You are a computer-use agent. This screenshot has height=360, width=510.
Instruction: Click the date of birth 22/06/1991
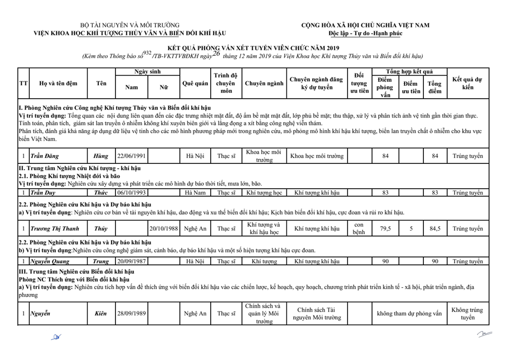tap(131, 156)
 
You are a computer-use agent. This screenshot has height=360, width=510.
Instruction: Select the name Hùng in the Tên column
tap(101, 156)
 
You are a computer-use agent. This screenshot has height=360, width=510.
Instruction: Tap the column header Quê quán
tap(195, 84)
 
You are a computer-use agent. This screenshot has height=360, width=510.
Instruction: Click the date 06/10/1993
tap(131, 193)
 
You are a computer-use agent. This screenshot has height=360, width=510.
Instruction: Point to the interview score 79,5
tap(385, 229)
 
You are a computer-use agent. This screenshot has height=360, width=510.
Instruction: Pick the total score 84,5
tap(435, 229)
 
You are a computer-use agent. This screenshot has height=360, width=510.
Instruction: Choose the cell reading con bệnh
tap(359, 229)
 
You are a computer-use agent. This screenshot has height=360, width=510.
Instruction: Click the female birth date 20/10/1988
tap(164, 229)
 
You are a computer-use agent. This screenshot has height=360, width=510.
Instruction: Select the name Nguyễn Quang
tap(49, 261)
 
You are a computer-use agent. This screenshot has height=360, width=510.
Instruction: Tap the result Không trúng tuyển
tap(467, 313)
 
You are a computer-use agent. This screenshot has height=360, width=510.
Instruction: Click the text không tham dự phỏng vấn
tap(409, 314)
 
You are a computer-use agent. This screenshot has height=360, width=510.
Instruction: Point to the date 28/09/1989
tap(131, 314)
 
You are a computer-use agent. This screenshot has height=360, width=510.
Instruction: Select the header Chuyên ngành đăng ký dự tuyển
tap(316, 84)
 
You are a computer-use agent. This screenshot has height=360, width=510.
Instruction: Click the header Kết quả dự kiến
tap(467, 84)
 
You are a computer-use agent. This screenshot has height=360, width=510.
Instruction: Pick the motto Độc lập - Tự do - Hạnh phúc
tap(365, 33)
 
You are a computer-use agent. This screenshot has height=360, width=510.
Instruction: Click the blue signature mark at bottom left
tap(56, 337)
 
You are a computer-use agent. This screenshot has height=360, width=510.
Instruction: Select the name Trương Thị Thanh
tap(54, 229)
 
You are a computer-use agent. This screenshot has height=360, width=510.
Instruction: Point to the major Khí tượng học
tap(264, 193)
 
